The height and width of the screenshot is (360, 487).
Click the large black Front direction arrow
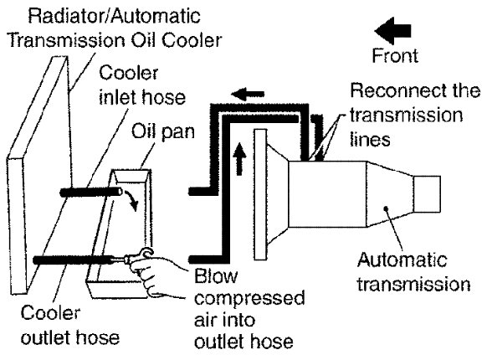pyautogui.click(x=393, y=31)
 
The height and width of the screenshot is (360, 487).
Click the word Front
pyautogui.click(x=395, y=56)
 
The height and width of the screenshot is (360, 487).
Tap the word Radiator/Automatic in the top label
pyautogui.click(x=114, y=16)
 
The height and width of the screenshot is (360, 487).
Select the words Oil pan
pyautogui.click(x=163, y=131)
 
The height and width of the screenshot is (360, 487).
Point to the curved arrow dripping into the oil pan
pyautogui.click(x=131, y=200)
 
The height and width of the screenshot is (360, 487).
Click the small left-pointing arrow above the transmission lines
pyautogui.click(x=249, y=94)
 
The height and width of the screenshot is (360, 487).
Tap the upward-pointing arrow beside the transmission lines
pyautogui.click(x=239, y=158)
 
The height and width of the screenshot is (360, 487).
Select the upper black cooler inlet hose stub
pyautogui.click(x=91, y=193)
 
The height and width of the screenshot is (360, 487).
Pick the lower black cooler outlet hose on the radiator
pyautogui.click(x=74, y=260)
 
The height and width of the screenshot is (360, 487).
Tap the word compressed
pyautogui.click(x=249, y=299)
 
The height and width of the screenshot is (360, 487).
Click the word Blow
pyautogui.click(x=216, y=276)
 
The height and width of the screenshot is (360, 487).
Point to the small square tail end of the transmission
pyautogui.click(x=427, y=194)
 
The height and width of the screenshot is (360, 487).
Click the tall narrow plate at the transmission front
pyautogui.click(x=260, y=194)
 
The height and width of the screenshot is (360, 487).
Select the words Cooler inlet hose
pyautogui.click(x=142, y=85)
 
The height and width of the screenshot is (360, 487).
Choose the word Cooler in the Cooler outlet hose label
pyautogui.click(x=51, y=313)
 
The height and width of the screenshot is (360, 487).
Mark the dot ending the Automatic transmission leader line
pyautogui.click(x=387, y=209)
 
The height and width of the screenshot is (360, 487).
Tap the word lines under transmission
pyautogui.click(x=370, y=139)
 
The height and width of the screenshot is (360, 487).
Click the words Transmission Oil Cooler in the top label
pyautogui.click(x=115, y=40)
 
